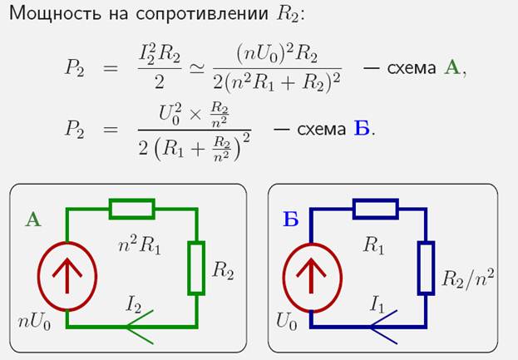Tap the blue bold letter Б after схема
coord(361,129)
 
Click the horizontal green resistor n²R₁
coord(132,209)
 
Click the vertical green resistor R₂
coord(196,267)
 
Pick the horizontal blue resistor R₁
coord(374,209)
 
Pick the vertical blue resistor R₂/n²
coord(426,267)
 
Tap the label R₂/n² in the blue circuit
coord(468,276)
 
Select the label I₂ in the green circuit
coord(134,305)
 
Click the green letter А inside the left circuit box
coord(33,219)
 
